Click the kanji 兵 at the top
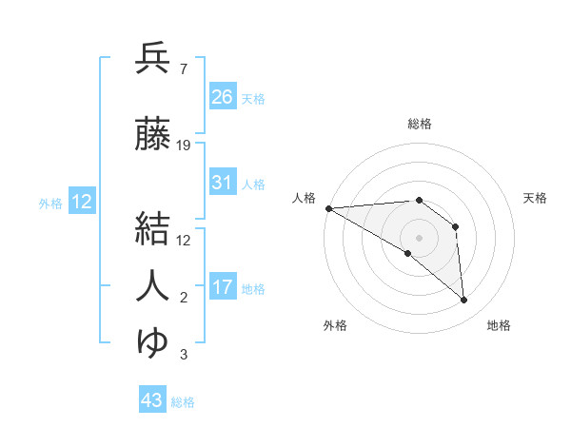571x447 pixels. (x=152, y=59)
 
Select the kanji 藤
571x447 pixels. (x=152, y=134)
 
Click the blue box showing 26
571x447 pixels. (x=223, y=97)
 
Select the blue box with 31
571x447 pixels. (x=223, y=183)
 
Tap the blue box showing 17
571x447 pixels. (x=223, y=287)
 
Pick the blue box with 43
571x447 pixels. (x=152, y=401)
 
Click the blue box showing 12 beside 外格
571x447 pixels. (x=82, y=202)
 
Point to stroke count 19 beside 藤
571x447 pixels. (x=184, y=146)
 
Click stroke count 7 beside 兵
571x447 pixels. (x=183, y=69)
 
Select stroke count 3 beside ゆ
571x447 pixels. (x=183, y=355)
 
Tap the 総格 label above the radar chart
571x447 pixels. (x=420, y=124)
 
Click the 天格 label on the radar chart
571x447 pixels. (x=535, y=198)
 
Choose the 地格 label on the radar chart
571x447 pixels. (x=499, y=325)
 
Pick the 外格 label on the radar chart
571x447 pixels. (x=335, y=325)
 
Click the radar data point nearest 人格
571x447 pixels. (x=328, y=208)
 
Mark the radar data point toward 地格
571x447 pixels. (x=464, y=301)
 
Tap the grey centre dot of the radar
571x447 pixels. (x=419, y=237)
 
